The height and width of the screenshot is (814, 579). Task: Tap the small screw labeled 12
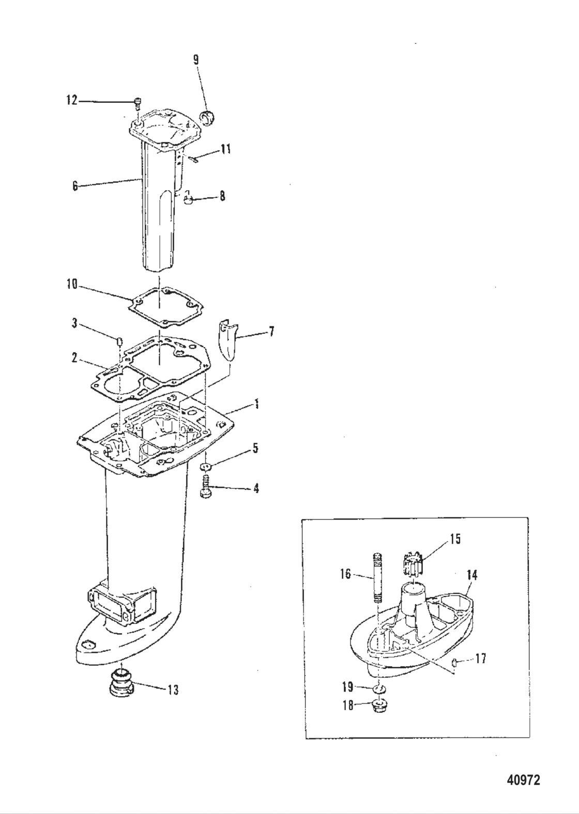click(138, 103)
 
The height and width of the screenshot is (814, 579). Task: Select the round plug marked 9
click(208, 118)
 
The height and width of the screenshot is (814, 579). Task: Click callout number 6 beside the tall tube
click(75, 186)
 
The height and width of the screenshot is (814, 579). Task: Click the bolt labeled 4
click(205, 487)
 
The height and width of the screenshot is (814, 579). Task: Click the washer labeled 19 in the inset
click(379, 689)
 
